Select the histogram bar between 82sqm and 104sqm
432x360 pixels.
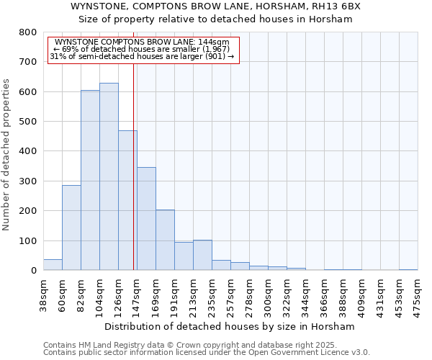(x=90, y=180)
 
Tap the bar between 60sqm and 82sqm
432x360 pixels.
(x=71, y=228)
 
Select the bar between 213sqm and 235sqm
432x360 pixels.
(x=202, y=255)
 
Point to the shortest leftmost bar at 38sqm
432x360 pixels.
(x=53, y=264)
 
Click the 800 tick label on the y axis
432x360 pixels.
(x=27, y=32)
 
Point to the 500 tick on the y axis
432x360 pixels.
(x=27, y=122)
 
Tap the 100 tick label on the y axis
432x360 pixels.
(x=27, y=240)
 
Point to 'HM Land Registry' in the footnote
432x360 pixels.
(x=102, y=345)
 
